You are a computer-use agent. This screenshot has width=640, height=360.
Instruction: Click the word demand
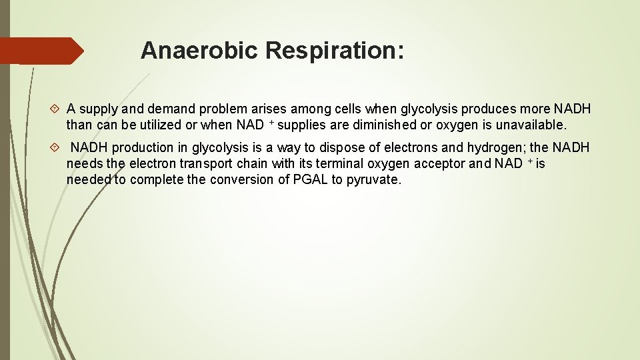tap(167, 109)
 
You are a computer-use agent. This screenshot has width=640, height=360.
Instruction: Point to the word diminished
tap(373, 125)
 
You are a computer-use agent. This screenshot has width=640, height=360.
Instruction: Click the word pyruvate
tap(374, 179)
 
